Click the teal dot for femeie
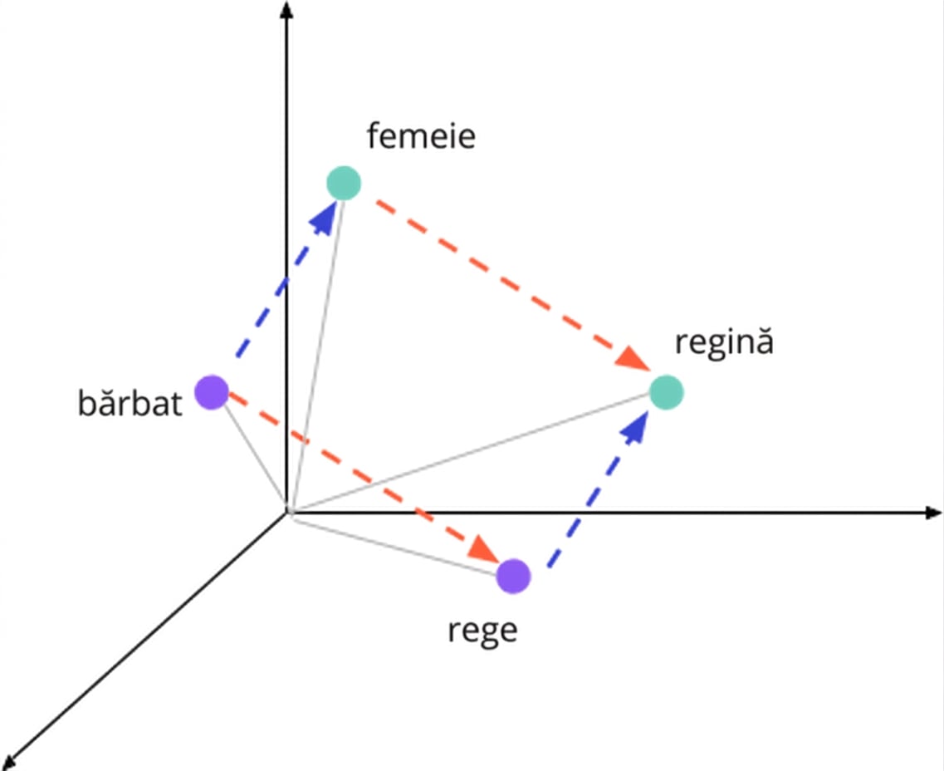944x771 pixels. click(344, 183)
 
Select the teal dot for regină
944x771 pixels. click(667, 392)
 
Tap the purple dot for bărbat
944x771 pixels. click(212, 392)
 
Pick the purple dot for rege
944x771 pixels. click(514, 576)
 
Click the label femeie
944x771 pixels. click(421, 135)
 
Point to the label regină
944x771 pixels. click(724, 341)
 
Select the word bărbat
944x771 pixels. click(130, 402)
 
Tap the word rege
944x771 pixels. click(482, 631)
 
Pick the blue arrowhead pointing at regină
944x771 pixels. click(634, 426)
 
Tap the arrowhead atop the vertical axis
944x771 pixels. click(287, 10)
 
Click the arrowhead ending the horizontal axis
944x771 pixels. click(932, 513)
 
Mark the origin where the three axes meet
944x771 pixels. click(287, 513)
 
